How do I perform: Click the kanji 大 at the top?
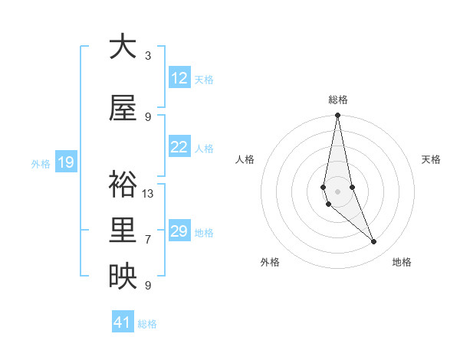(123, 47)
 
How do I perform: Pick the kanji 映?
(123, 277)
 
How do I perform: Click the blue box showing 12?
(179, 78)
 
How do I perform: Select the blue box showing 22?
(179, 148)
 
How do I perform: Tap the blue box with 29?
(179, 231)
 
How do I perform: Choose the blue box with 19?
(65, 162)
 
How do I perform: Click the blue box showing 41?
(123, 322)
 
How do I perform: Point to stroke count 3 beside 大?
(148, 56)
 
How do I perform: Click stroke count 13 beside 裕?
(148, 194)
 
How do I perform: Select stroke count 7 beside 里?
(148, 240)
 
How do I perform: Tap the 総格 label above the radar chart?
(338, 100)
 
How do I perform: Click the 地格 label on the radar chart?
(402, 262)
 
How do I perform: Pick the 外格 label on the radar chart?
(270, 262)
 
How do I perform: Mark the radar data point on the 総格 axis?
(337, 115)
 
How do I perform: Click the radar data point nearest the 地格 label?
(374, 242)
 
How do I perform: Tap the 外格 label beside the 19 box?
(41, 163)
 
